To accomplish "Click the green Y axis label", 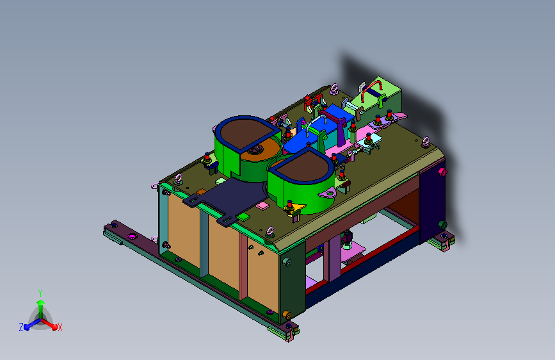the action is pyautogui.click(x=40, y=293).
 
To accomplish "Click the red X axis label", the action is pyautogui.click(x=60, y=327).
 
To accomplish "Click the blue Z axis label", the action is pyautogui.click(x=21, y=327).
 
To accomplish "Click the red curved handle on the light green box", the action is pyautogui.click(x=371, y=87).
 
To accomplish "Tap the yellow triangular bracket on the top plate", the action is pyautogui.click(x=295, y=208).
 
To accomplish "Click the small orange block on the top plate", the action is pyautogui.click(x=201, y=192).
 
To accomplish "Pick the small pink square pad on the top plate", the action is pyautogui.click(x=262, y=206).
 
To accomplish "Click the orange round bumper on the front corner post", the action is pyautogui.click(x=286, y=315).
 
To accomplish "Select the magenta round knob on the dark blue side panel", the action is pyautogui.click(x=442, y=172).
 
